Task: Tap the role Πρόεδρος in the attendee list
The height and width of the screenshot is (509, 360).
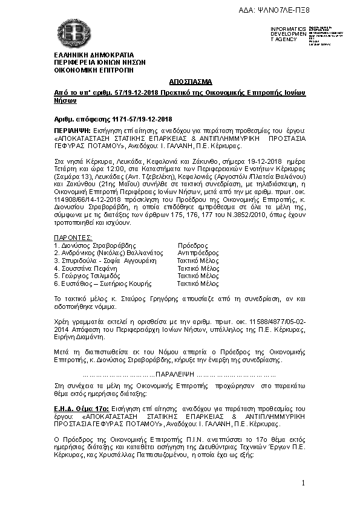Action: coord(190,245)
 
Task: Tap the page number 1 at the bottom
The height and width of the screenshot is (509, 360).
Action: coord(302,482)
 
